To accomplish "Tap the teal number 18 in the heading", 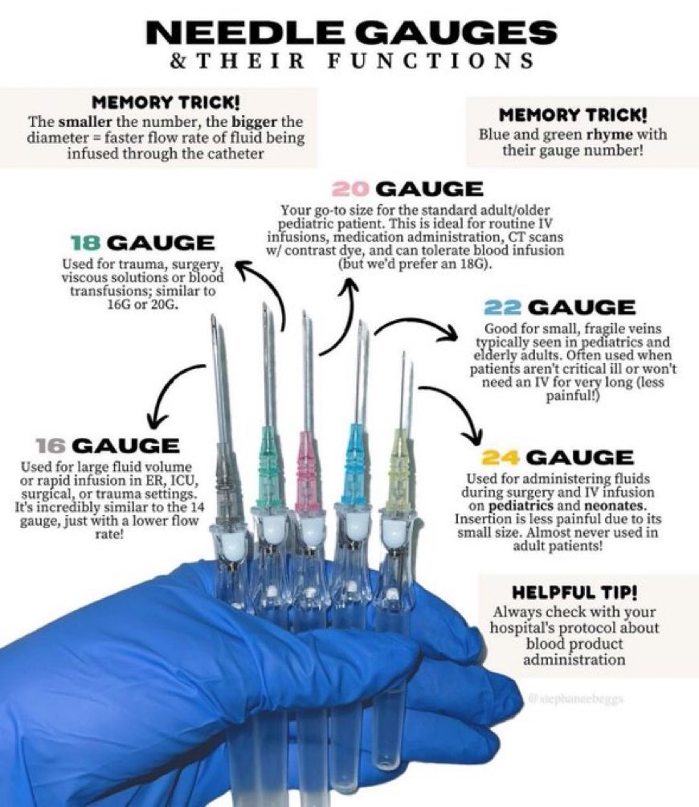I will coord(86,243).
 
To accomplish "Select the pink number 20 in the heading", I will coord(352,190).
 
